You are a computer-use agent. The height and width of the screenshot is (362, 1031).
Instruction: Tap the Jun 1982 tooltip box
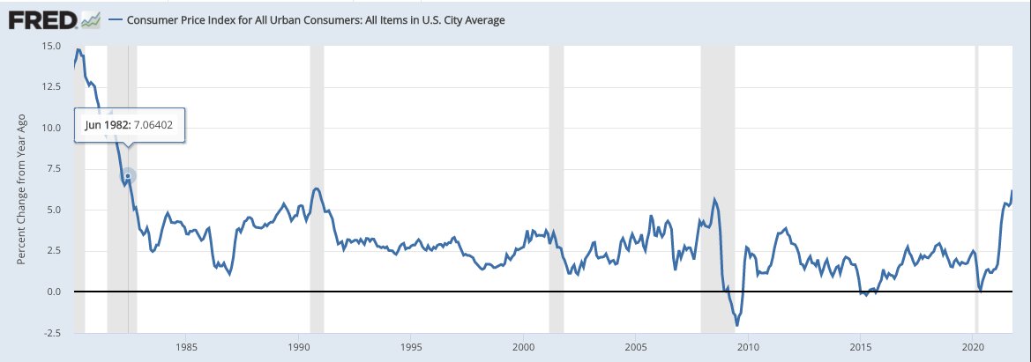pos(129,125)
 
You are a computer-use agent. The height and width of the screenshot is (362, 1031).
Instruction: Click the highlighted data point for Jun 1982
pos(129,176)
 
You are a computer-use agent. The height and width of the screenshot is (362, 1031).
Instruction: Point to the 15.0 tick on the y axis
pos(50,46)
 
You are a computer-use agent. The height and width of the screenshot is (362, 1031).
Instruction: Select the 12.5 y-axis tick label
pos(50,86)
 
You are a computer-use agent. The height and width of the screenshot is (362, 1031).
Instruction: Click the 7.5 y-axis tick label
pos(53,168)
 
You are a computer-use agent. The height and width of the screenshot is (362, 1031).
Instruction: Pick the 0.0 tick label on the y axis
pos(53,292)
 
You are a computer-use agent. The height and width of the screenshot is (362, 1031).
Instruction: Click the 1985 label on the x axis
pos(186,348)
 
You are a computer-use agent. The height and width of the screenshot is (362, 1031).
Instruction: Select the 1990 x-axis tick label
pos(299,348)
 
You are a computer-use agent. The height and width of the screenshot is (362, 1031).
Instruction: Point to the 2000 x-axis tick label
pos(524,348)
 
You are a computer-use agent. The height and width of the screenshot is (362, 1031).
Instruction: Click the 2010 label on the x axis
pos(749,348)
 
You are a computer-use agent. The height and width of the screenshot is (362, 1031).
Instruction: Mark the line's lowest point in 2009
pos(737,326)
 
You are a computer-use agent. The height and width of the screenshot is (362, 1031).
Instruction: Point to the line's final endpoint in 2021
pos(1012,191)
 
